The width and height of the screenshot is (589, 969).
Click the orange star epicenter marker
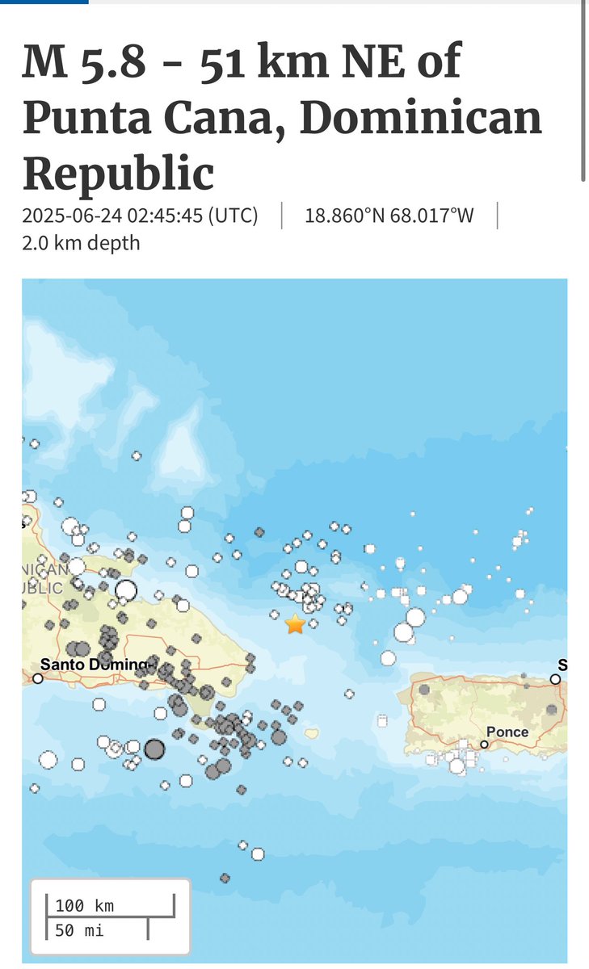coord(295,623)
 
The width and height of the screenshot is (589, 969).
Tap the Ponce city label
coord(508,732)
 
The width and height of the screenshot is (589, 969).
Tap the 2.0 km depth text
coord(81,242)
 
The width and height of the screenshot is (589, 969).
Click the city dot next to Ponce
coord(485,745)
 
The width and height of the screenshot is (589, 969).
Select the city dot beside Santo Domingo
coord(37,678)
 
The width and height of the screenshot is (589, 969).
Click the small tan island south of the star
coord(311,733)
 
